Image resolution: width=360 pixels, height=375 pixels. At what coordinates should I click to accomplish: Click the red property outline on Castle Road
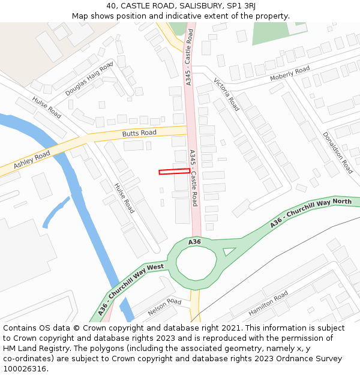(174, 172)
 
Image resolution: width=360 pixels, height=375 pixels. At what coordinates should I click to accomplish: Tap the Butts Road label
(139, 133)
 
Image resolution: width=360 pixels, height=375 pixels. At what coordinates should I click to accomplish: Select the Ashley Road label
(32, 160)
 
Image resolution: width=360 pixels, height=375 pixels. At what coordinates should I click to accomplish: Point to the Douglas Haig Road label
(89, 79)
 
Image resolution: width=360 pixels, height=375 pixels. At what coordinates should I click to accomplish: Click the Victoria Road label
(226, 95)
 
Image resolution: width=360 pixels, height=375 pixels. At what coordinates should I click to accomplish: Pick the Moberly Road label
(290, 74)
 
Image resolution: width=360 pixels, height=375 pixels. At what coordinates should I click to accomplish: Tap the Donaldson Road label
(337, 152)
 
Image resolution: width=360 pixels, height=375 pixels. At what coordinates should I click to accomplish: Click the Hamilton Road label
(268, 304)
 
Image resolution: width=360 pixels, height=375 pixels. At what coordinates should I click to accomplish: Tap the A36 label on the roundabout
(194, 242)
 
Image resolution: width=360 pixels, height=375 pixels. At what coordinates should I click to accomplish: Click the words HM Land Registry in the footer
(34, 348)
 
